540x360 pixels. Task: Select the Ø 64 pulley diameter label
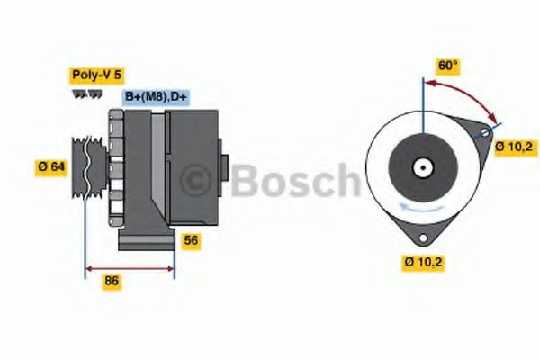click(x=53, y=166)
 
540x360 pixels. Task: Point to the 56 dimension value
click(x=191, y=240)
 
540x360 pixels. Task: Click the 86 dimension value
click(x=112, y=281)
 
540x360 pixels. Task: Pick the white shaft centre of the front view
click(x=420, y=166)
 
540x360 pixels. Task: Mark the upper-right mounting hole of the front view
click(x=487, y=133)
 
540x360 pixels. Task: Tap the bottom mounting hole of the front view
click(x=422, y=237)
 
